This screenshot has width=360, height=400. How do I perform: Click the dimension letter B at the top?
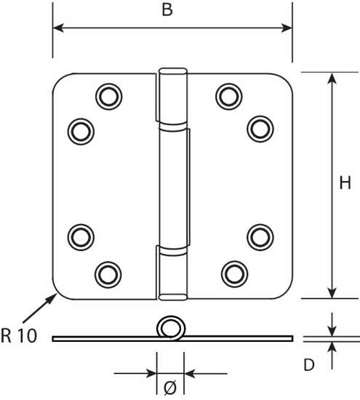168,12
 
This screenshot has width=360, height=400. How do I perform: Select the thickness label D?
308,365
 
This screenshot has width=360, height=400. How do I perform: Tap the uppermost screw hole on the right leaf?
228,95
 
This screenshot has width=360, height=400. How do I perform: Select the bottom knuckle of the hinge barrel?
172,273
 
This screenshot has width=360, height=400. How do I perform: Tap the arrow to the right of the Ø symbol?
190,374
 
